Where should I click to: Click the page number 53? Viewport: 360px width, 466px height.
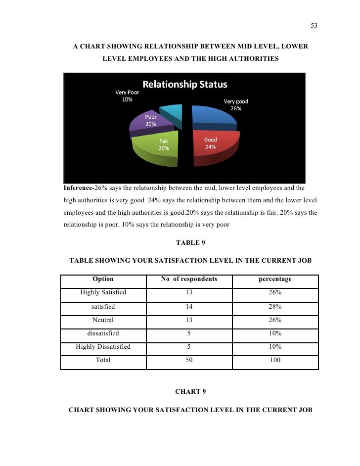point(314,26)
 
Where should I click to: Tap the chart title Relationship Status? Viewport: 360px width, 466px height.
point(185,84)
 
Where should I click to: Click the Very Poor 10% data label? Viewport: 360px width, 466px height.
point(127,95)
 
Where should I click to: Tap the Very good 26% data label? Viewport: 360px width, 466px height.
point(236,105)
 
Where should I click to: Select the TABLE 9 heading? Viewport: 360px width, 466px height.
point(190,243)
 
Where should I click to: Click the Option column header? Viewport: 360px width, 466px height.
point(103,279)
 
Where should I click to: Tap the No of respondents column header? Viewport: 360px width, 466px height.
point(189,279)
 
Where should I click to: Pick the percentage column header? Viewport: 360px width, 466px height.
point(275,279)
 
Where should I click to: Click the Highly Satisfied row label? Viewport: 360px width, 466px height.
point(103,292)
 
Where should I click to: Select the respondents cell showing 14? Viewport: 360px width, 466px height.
point(189,306)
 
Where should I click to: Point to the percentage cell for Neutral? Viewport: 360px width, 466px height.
point(275,320)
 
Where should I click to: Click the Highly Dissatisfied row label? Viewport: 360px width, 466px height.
point(103,347)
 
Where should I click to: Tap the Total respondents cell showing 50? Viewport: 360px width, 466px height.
point(189,360)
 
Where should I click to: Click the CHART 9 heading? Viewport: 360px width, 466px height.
point(190,392)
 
